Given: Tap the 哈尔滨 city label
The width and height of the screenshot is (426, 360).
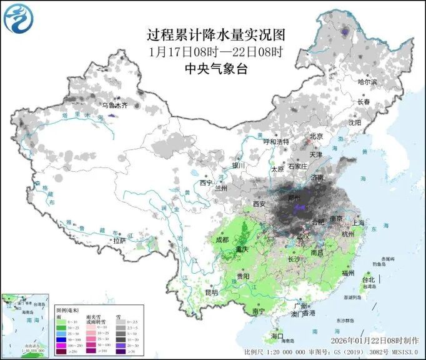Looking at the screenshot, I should coord(367,82).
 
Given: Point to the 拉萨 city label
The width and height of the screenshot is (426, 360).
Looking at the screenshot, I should coord(119,240).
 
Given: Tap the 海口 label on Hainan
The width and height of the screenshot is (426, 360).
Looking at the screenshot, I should coord(277,336).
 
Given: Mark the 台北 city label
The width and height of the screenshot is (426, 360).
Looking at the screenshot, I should coord(367,279).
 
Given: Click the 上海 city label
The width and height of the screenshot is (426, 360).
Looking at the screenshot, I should coord(358,222).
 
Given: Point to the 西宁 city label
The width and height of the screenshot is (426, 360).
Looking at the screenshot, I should coord(206,183).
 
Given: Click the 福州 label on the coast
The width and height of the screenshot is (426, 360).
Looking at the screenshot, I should coord(349,272).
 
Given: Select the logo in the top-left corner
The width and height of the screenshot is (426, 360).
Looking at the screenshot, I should coord(17,18).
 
